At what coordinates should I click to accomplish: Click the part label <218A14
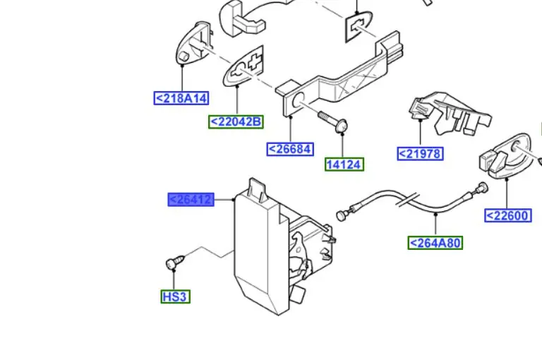pos(182,98)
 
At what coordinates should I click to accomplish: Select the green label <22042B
pos(236,121)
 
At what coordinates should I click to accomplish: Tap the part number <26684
pos(290,149)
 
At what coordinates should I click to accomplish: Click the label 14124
pos(344,164)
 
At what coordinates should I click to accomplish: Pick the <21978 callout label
pos(421,153)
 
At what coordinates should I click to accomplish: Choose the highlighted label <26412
pos(191,200)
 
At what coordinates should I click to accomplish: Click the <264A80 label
pos(435,243)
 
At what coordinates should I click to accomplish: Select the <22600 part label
pos(508,215)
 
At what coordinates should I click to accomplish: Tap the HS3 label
pos(174,296)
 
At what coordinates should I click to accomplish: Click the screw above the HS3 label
pos(173,263)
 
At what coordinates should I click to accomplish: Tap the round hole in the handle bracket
pos(297,98)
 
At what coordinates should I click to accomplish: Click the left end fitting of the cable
pos(343,214)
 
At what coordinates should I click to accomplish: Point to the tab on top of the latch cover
pos(256,187)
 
